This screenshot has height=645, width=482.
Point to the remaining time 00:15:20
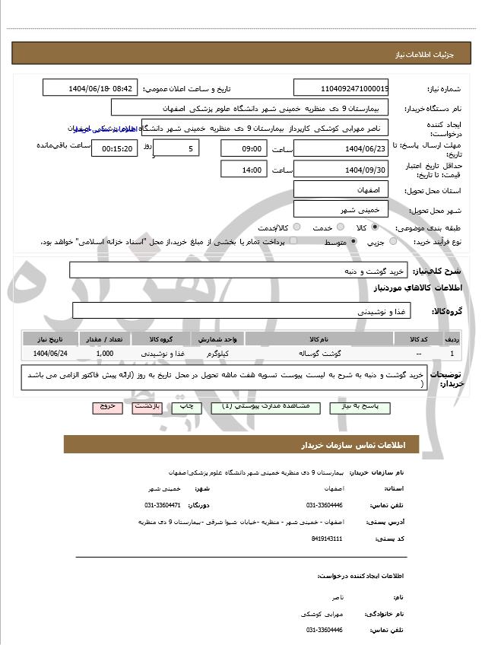tap(115, 148)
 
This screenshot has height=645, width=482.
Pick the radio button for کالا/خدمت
tap(296, 227)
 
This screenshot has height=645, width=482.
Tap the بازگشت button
tap(146, 408)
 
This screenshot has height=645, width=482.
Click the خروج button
tap(107, 408)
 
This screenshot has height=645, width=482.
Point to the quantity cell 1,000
tap(106, 354)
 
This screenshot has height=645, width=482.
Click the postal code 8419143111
tap(327, 539)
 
